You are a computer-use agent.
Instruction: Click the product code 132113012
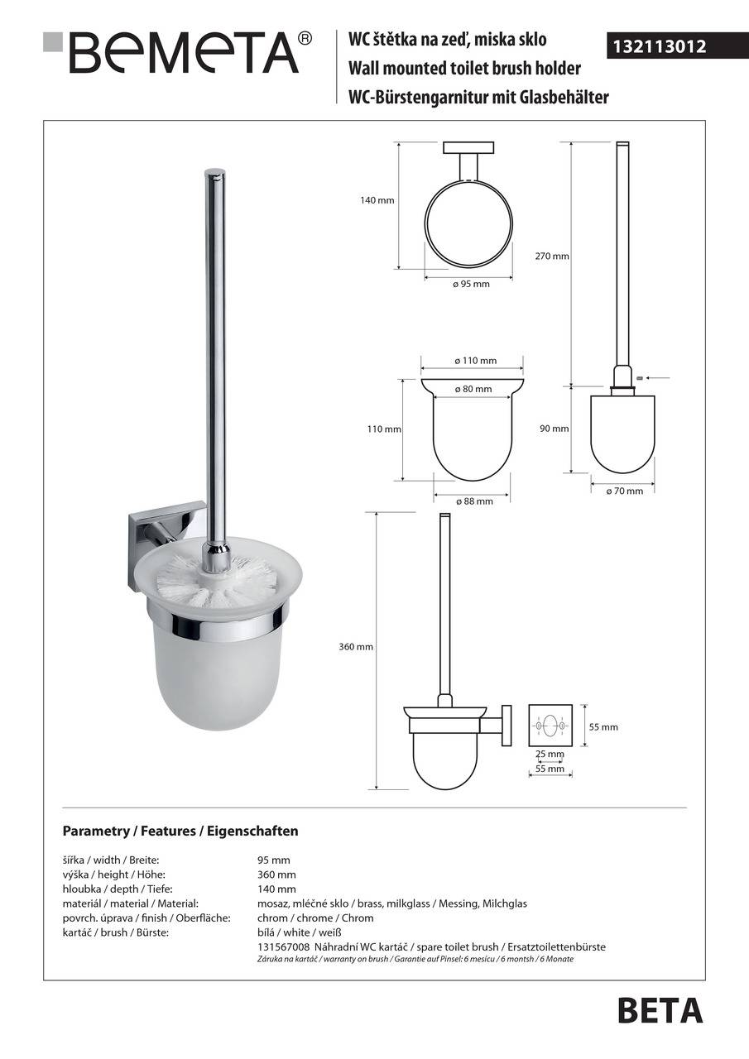point(659,47)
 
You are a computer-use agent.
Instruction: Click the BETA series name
point(660,1010)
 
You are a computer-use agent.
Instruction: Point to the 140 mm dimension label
point(377,201)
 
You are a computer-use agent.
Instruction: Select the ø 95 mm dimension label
point(471,285)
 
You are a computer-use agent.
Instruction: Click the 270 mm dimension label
point(552,256)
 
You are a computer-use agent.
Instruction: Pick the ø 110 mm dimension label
point(475,361)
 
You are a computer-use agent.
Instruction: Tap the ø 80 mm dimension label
point(473,389)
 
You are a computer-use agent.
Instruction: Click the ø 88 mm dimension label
point(473,501)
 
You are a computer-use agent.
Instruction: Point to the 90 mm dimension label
point(560,429)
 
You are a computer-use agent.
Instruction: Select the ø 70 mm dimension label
point(624,491)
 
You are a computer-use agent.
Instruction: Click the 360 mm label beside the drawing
point(357,647)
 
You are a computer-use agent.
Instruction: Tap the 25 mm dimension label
point(550,754)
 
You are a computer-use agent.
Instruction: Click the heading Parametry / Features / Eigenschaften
point(180,831)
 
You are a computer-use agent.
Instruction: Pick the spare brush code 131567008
point(284,947)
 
